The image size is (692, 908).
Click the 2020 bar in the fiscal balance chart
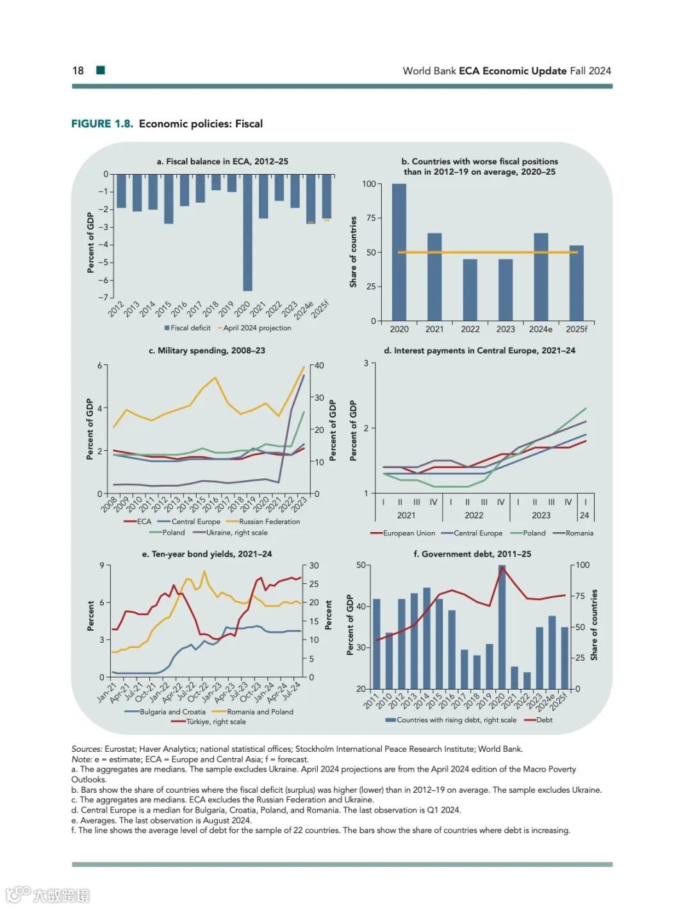click(x=247, y=232)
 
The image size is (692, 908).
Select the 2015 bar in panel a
click(x=169, y=199)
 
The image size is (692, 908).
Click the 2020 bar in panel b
click(x=399, y=252)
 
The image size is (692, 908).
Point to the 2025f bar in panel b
click(x=577, y=283)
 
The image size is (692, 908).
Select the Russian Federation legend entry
click(x=268, y=521)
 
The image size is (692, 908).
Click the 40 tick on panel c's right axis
click(x=319, y=366)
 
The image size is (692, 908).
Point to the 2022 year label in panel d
click(x=474, y=515)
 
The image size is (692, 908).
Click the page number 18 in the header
click(x=78, y=70)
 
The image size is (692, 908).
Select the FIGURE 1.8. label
click(x=102, y=124)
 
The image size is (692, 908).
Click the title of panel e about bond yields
click(x=206, y=554)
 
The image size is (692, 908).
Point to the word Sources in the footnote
click(x=86, y=749)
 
